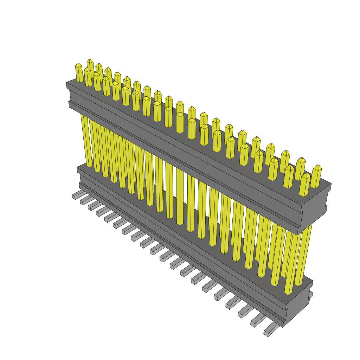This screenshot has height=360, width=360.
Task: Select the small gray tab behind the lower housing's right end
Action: (310, 295)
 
